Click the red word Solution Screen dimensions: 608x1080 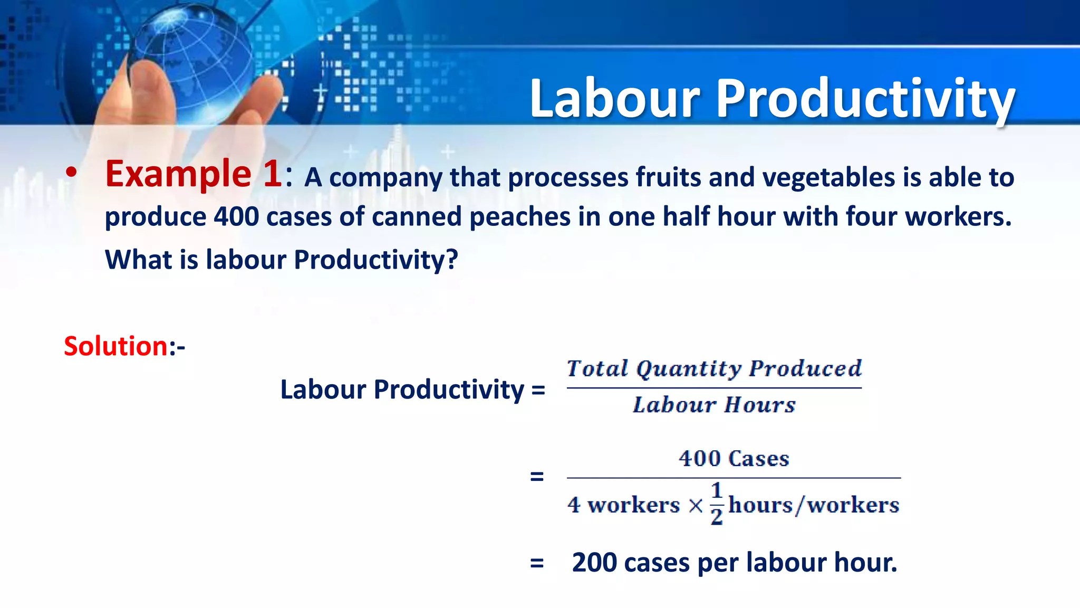click(x=115, y=347)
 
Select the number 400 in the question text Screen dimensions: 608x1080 click(x=236, y=216)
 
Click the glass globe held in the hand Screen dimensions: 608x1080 click(x=192, y=58)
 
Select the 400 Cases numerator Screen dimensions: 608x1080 click(x=734, y=458)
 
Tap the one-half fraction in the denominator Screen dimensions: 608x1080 click(x=716, y=503)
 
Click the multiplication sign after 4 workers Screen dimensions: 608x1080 click(x=696, y=506)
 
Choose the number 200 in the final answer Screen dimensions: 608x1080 click(x=594, y=563)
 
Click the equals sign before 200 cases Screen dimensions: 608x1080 click(x=537, y=563)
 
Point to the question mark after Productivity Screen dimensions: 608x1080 click(x=452, y=260)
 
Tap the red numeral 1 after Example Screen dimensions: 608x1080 click(x=273, y=174)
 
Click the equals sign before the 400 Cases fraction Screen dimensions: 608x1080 click(x=537, y=477)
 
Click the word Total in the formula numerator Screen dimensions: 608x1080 click(x=597, y=368)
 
